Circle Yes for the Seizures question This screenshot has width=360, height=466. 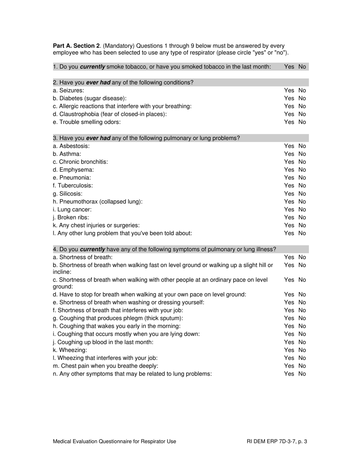[289, 91]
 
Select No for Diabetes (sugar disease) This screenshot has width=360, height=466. [302, 99]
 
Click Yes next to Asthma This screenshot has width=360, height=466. [289, 154]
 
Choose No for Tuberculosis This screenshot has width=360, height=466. [302, 186]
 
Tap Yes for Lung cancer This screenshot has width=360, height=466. [289, 210]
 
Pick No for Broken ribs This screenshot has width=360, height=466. [302, 217]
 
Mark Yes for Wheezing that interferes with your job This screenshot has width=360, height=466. [289, 358]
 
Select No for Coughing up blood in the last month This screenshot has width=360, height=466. [302, 342]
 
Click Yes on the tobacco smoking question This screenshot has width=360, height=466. [289, 67]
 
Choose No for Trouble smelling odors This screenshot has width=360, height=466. [302, 122]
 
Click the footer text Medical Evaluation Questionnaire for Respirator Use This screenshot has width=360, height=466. [114, 441]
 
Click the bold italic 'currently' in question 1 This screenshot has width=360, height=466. [93, 67]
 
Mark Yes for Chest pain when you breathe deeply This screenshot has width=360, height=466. [289, 366]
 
